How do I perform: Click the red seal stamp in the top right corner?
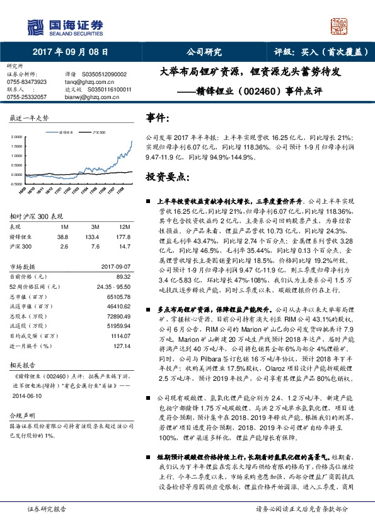point(340,25)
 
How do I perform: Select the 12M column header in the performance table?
point(124,226)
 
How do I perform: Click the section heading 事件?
point(157,118)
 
